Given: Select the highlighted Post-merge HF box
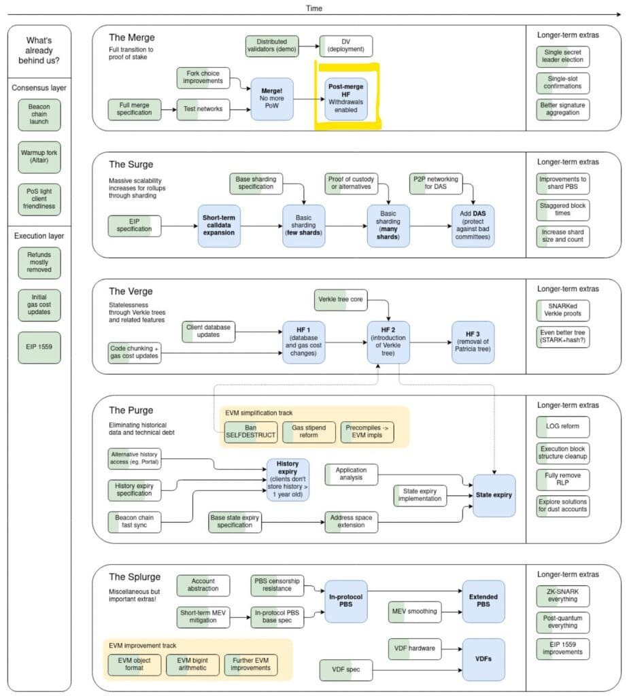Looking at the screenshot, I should pos(345,99).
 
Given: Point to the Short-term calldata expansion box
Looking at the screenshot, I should pos(218,226).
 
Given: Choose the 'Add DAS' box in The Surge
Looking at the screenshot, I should pos(473,226).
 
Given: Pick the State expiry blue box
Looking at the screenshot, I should pos(494,495).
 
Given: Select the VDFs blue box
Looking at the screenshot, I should pos(483,658).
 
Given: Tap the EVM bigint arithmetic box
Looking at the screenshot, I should pos(192,664).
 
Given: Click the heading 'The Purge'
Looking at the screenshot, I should pos(131,410).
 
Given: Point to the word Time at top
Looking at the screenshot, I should pos(314,8).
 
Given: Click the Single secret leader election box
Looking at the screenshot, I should pos(562,56).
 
